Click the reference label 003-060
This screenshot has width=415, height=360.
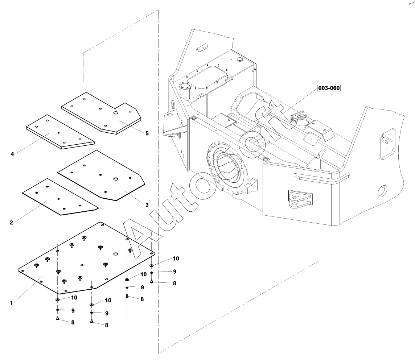(x=329, y=88)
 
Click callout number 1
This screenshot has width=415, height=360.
(x=11, y=303)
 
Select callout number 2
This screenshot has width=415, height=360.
(x=11, y=222)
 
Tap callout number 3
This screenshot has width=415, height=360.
(x=147, y=205)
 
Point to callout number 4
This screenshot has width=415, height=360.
(x=12, y=154)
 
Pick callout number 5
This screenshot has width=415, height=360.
(x=147, y=133)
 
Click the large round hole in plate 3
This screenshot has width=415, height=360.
(x=116, y=179)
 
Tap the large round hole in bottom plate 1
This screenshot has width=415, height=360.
(x=116, y=253)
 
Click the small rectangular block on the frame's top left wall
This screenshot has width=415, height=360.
(x=201, y=48)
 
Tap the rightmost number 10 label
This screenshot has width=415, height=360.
(x=176, y=258)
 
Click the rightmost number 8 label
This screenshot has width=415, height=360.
(x=174, y=283)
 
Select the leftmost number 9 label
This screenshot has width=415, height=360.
(x=73, y=310)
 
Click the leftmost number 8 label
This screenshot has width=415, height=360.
(x=73, y=322)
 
